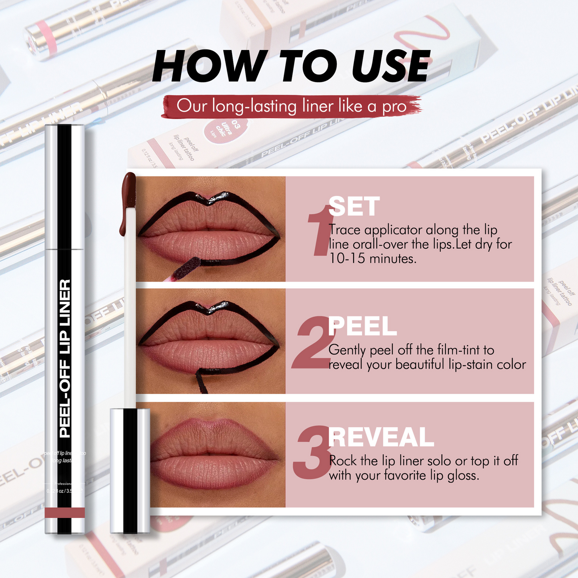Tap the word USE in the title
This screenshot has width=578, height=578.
tap(390, 66)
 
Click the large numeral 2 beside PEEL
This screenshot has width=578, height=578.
tap(312, 344)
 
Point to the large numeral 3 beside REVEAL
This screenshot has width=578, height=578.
tap(312, 454)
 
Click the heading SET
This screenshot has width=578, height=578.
tap(354, 207)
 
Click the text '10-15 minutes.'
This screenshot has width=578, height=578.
tap(372, 259)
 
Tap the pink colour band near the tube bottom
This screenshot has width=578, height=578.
tap(65, 512)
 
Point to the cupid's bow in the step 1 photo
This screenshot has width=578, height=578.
tap(210, 198)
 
